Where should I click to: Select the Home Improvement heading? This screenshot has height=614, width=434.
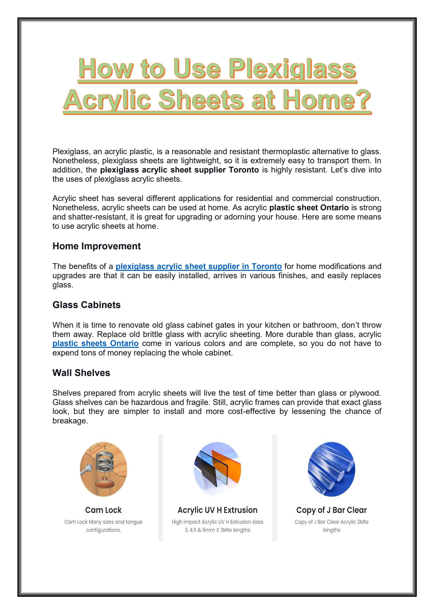96,246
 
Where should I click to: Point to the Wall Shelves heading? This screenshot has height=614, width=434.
81,373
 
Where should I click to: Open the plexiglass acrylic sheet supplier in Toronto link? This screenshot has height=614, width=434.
199,266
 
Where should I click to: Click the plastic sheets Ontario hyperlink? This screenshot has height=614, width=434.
95,343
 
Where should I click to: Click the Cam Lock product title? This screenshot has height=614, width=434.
103,510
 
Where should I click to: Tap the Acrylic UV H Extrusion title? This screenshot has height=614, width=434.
217,510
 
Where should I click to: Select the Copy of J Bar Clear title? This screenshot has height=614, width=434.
331,510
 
